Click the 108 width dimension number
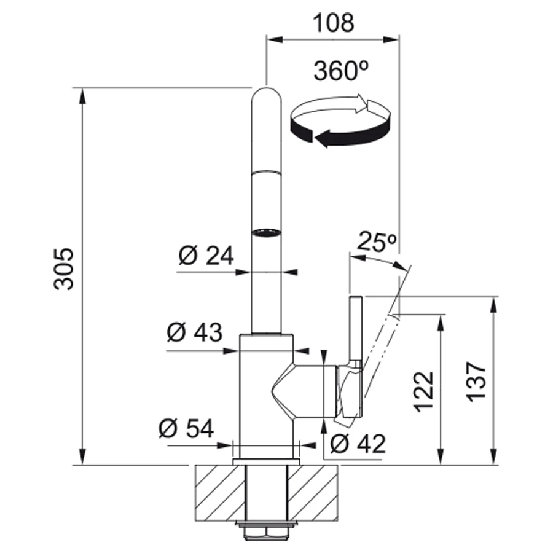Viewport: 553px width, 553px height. pos(333,23)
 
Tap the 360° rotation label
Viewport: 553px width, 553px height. pos(340,71)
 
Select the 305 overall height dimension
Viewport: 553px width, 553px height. pos(64,269)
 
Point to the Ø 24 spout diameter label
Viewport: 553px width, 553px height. pos(206,256)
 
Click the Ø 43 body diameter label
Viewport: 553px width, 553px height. pos(195,332)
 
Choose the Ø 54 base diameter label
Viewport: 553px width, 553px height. pos(186,428)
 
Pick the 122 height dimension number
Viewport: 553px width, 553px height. pos(423,391)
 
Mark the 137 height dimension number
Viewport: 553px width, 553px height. pos(476,381)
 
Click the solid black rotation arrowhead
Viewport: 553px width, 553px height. pos(321,138)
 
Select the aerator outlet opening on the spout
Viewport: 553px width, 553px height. pos(266,233)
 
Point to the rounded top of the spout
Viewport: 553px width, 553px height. pos(267,95)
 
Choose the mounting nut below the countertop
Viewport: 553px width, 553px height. pos(266,531)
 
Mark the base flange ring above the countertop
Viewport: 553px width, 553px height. pos(266,462)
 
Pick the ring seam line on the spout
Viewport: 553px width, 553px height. pos(267,172)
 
